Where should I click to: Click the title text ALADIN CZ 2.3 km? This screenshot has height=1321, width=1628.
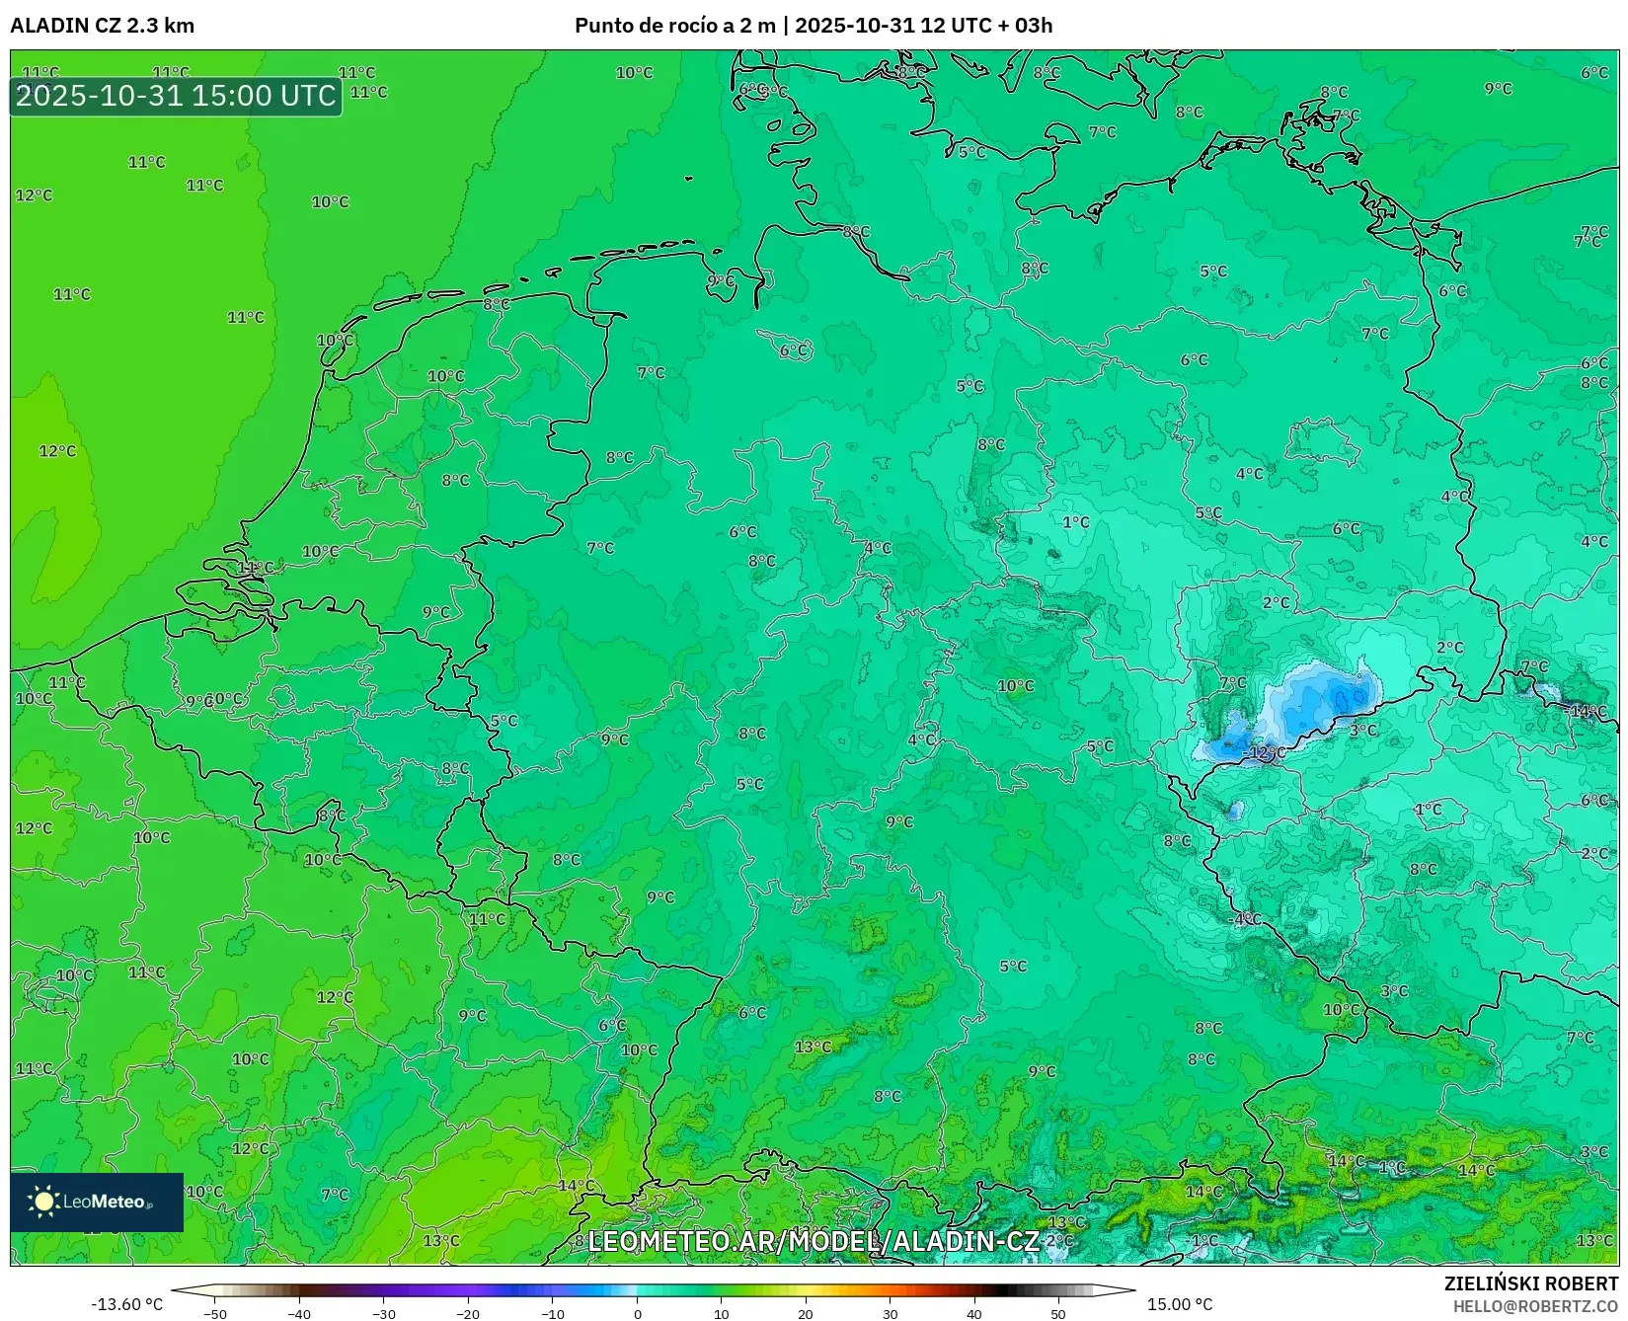[x=102, y=26]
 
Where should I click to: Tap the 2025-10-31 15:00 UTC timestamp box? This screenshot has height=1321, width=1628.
[x=176, y=96]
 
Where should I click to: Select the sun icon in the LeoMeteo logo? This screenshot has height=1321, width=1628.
[x=43, y=1202]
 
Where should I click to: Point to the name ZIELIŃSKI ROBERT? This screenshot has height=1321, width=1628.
[x=1531, y=1283]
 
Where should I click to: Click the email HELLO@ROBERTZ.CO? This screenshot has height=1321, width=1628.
[x=1535, y=1306]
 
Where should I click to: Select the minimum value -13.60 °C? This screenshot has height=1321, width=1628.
[x=126, y=1304]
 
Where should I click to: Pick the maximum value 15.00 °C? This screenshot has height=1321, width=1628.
[x=1180, y=1304]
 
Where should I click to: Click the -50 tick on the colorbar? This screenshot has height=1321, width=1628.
[x=215, y=1314]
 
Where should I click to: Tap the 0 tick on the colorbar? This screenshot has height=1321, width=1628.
[x=638, y=1314]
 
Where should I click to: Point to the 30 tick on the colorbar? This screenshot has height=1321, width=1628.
[x=891, y=1314]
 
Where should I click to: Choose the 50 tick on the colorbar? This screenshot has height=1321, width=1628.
[x=1058, y=1314]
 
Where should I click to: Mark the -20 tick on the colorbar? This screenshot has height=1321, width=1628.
[x=468, y=1314]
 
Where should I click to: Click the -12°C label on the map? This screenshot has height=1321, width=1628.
[x=1265, y=753]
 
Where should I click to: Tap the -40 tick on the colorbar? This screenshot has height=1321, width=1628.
[x=299, y=1314]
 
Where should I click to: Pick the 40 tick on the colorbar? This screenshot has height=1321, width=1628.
[x=974, y=1314]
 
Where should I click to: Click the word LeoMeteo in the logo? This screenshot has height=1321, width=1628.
[x=104, y=1202]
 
